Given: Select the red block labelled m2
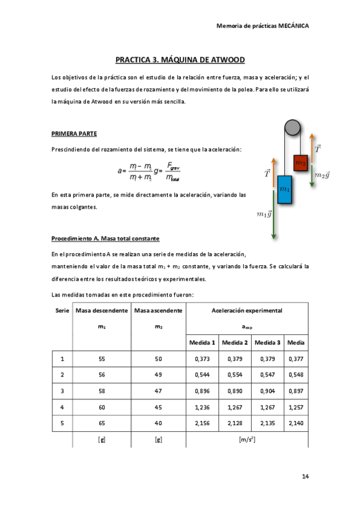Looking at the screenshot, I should point(301,162).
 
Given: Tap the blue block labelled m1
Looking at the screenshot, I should point(284,189).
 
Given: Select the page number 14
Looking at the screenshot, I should point(305,476).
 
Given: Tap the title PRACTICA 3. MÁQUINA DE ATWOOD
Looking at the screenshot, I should point(180,60).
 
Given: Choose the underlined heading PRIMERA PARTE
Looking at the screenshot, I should point(74,133).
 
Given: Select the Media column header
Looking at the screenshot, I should point(296,342).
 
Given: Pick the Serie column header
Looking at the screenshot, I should point(62,310).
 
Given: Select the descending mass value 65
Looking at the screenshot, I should point(102,423).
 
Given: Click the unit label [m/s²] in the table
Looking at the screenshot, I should point(247,440).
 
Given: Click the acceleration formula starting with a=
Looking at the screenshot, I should point(149,171).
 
